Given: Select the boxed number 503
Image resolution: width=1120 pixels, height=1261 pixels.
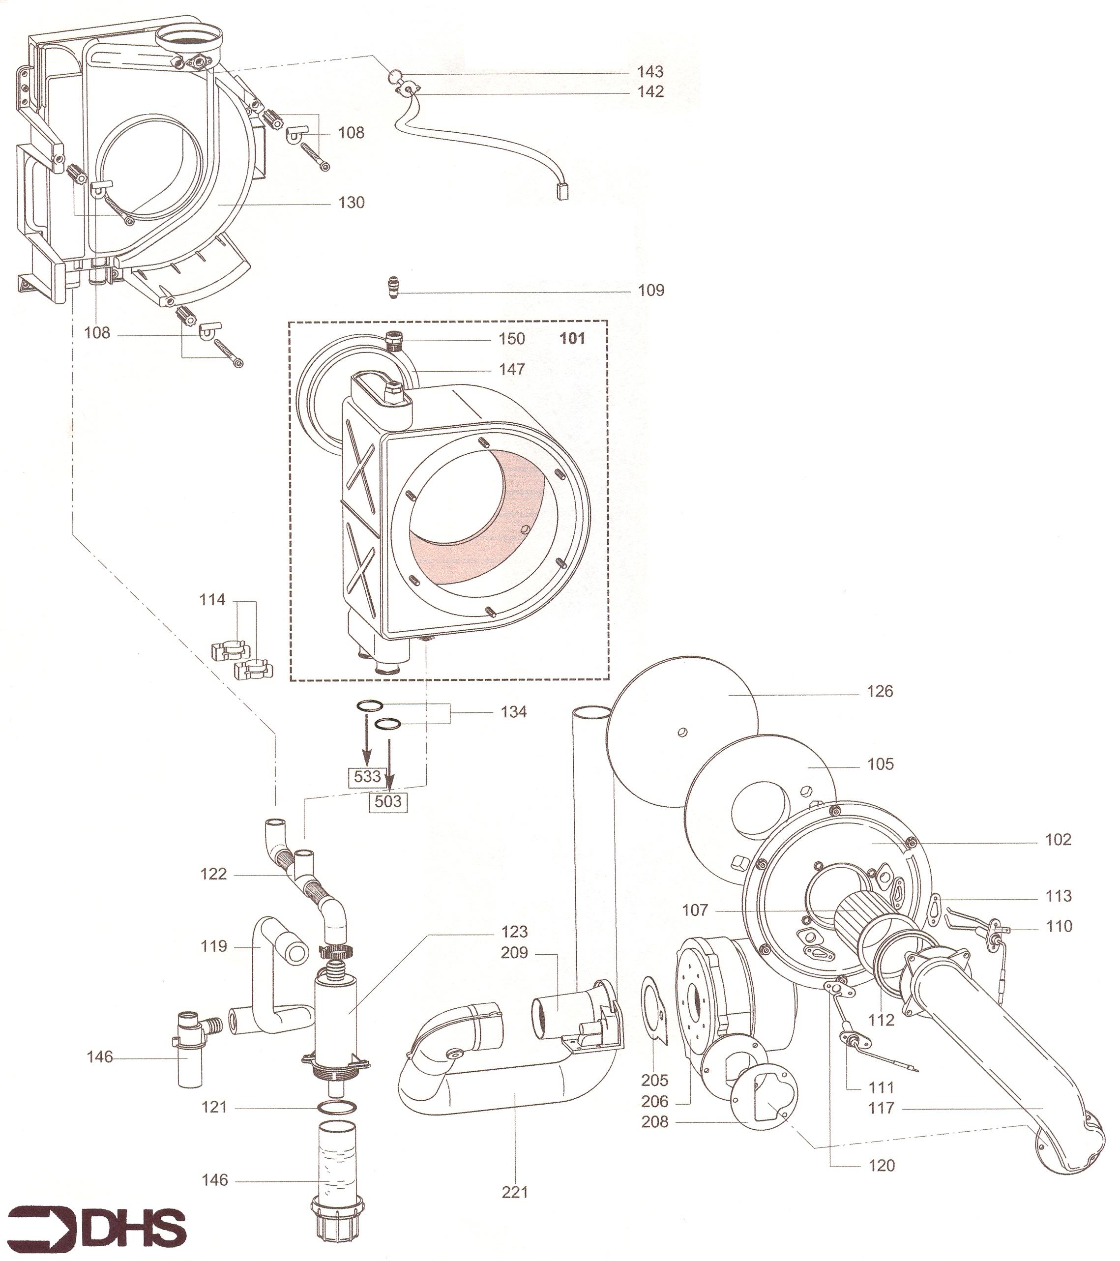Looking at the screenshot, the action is click(388, 801).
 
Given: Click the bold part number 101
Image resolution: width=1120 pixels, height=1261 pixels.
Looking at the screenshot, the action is click(572, 338).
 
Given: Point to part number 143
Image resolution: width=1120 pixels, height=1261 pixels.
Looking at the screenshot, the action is click(650, 72).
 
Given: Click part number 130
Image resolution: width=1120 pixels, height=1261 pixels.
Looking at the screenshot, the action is click(351, 203).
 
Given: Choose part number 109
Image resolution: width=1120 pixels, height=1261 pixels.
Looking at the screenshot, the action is click(651, 290).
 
